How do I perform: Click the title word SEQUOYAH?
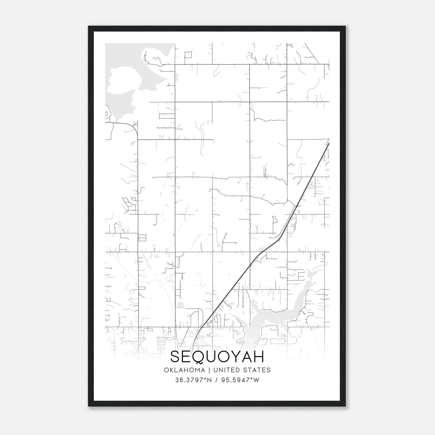(x=217, y=357)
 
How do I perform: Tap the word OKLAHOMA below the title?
(x=184, y=370)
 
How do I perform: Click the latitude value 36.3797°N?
(x=194, y=380)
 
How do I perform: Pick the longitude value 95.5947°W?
(x=240, y=380)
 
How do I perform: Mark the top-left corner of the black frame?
(x=89, y=27)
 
